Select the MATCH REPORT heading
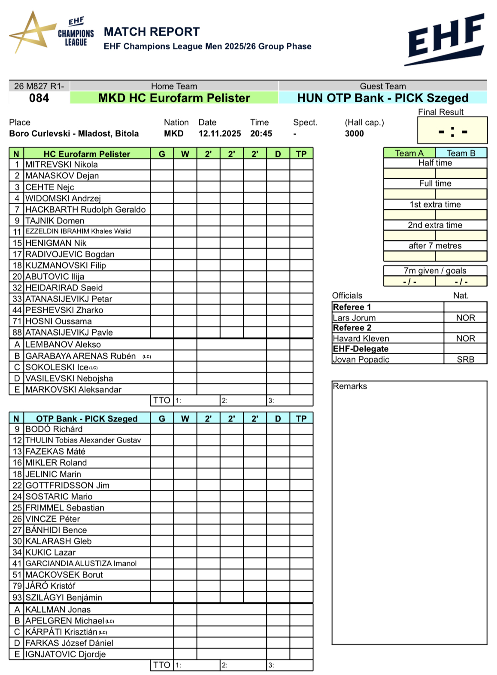[152, 32]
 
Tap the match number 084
[39, 98]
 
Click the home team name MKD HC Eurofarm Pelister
[174, 98]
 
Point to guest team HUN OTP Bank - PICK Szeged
[382, 98]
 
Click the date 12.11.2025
[219, 134]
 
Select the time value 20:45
[261, 134]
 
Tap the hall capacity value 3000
[354, 134]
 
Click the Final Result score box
[452, 131]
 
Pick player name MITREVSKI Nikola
[61, 165]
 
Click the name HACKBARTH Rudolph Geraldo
[85, 210]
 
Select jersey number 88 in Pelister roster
[17, 333]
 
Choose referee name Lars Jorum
[354, 318]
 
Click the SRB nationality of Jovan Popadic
[465, 360]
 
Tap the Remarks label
[350, 386]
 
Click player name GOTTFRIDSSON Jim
[67, 486]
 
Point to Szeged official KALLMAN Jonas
[58, 610]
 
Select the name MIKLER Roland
[56, 463]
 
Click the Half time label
[435, 163]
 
